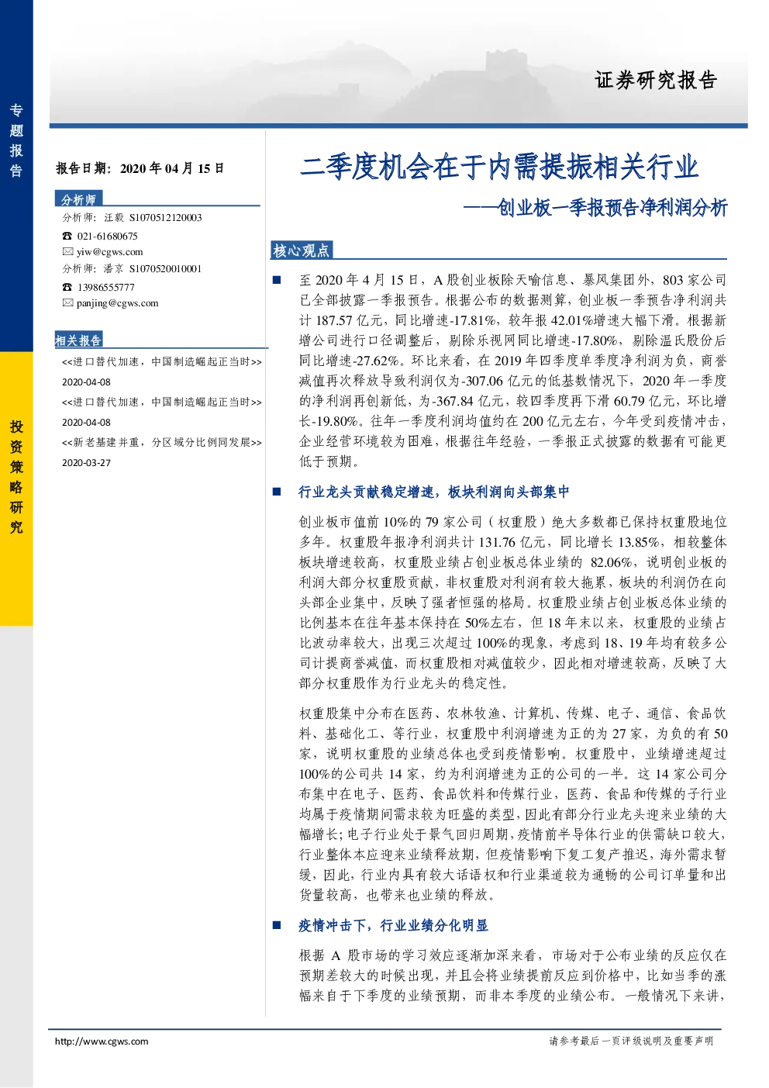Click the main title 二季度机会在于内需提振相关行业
click(x=499, y=167)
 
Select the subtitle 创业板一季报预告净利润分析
click(x=612, y=208)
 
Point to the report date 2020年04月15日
click(x=172, y=168)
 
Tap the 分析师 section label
click(x=78, y=199)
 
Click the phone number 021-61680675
click(x=107, y=236)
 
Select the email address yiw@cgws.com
click(x=110, y=252)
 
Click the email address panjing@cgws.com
click(x=118, y=303)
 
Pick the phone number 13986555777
click(x=106, y=287)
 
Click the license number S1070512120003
click(x=166, y=218)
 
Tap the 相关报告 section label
click(x=78, y=340)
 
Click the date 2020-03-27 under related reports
click(x=86, y=463)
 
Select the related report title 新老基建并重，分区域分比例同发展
click(x=162, y=443)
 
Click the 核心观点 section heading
click(x=301, y=250)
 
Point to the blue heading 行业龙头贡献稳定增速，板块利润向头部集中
click(x=433, y=492)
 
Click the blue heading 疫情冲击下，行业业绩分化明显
click(x=393, y=926)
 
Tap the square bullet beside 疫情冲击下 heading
click(x=278, y=925)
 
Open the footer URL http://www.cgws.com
click(x=102, y=1041)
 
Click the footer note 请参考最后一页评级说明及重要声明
click(x=631, y=1041)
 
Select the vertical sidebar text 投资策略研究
click(x=16, y=477)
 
